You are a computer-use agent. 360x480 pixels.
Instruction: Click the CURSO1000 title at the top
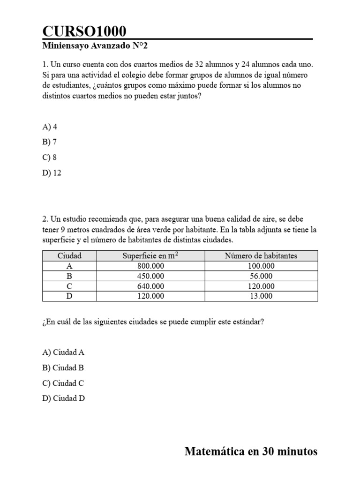coord(84,31)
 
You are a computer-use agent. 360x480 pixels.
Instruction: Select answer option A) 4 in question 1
coord(50,127)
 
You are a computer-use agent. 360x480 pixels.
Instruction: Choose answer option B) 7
coord(50,142)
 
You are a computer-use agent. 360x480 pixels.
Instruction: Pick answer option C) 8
coord(50,157)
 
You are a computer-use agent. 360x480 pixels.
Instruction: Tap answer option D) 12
coord(52,173)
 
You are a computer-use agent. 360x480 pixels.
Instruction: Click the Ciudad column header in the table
coord(69,255)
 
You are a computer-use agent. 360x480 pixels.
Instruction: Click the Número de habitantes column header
coord(261,255)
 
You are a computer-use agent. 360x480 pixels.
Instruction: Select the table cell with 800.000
coord(150,266)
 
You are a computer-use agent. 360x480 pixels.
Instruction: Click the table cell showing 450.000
coord(150,276)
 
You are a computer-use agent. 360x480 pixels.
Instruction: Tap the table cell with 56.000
coord(261,276)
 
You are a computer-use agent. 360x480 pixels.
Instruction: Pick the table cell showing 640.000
coord(150,286)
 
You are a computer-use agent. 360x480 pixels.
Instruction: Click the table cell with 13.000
coord(261,296)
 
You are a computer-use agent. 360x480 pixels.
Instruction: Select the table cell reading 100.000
coord(261,266)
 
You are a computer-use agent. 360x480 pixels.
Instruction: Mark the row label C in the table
coord(69,286)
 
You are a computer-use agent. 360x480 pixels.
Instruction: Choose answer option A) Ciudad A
coord(63,352)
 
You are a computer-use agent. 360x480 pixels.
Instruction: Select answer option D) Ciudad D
coord(64,398)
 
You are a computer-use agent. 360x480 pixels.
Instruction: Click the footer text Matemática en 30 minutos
coord(251,451)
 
